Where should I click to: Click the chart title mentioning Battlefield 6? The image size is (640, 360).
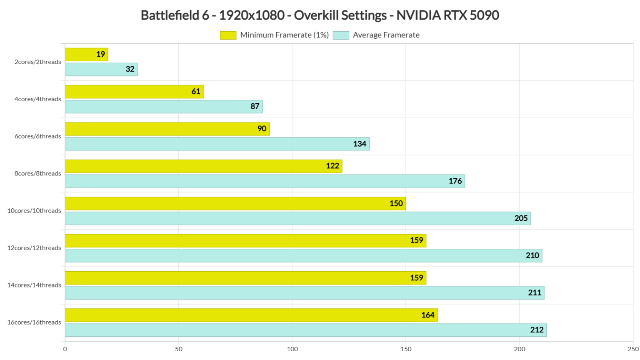tap(320, 15)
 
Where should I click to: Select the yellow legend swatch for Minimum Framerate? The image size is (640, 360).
tap(228, 35)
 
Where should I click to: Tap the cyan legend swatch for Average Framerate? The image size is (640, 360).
tap(341, 35)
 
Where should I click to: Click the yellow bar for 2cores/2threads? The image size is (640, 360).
tap(86, 55)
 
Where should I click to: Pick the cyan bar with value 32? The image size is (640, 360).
tap(101, 69)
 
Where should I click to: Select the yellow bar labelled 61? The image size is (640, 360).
tap(134, 92)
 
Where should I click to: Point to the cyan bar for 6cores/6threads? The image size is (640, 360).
tap(217, 144)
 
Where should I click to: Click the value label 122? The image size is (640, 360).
tap(332, 166)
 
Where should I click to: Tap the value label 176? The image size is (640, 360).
tap(455, 181)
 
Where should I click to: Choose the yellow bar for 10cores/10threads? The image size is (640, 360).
tap(235, 203)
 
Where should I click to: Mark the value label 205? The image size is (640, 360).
tap(521, 218)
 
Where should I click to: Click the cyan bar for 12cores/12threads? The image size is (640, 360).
tap(303, 255)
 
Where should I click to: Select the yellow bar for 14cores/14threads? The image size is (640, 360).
tap(245, 278)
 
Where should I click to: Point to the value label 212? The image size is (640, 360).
tap(537, 330)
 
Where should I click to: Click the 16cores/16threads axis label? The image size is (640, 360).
tap(34, 322)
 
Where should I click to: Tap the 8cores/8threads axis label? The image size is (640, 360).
tap(37, 173)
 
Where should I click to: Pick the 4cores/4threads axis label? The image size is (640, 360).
tap(37, 99)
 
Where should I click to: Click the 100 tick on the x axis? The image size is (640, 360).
tap(292, 349)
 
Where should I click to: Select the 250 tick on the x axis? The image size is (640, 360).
tap(633, 349)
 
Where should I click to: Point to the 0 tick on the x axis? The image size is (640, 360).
tap(65, 349)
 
